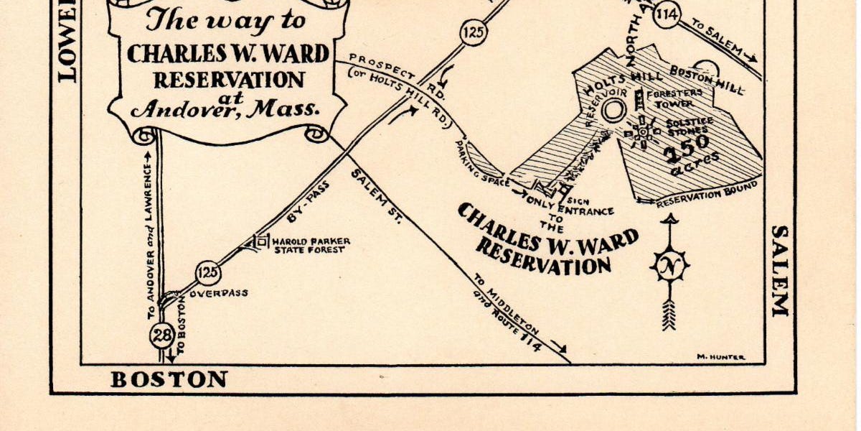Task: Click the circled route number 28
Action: click(161, 335)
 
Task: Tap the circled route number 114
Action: click(667, 14)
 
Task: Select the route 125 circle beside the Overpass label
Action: click(208, 273)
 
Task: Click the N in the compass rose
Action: click(669, 267)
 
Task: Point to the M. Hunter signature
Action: click(720, 357)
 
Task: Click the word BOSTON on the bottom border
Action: click(169, 379)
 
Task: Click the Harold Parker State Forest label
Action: click(307, 246)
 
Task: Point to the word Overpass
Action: click(218, 293)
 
